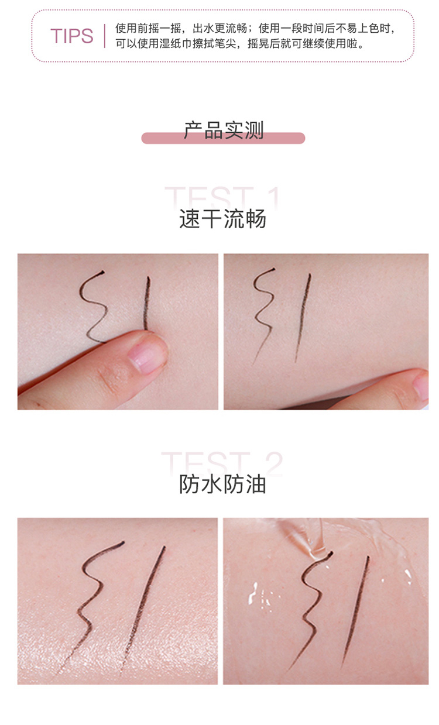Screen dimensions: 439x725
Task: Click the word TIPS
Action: [71, 36]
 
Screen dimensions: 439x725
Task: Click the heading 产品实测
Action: [224, 130]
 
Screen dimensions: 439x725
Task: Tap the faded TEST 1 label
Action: [222, 197]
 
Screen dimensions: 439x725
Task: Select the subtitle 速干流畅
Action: [223, 219]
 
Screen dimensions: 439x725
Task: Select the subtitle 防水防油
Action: [223, 485]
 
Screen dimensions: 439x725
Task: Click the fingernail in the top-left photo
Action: [146, 355]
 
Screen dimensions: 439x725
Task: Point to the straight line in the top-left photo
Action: [146, 303]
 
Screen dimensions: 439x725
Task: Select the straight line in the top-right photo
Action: [303, 318]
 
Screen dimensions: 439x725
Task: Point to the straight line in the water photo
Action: [355, 611]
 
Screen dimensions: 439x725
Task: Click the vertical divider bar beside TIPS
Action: [105, 36]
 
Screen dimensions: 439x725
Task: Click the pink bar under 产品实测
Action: [223, 138]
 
